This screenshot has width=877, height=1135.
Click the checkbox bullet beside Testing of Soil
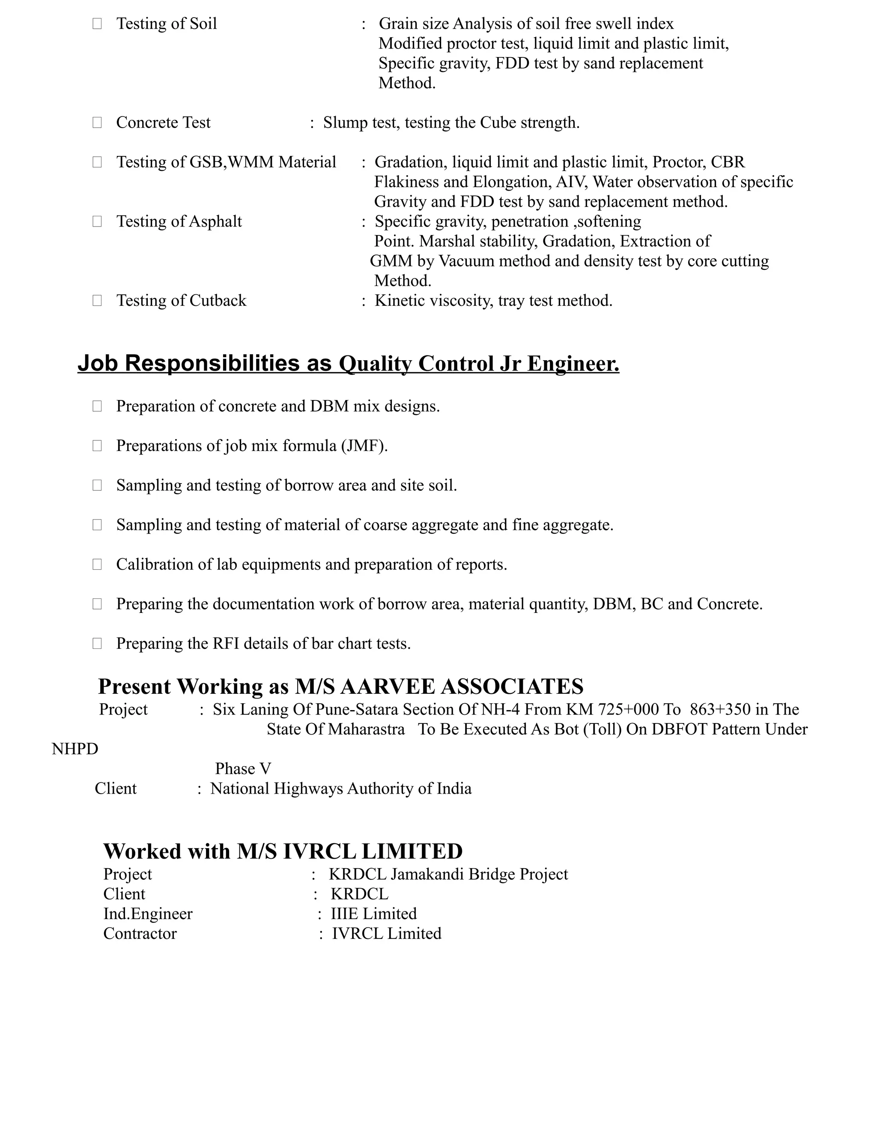(97, 24)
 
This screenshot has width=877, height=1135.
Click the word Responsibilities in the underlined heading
(212, 363)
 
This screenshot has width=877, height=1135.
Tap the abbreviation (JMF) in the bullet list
(364, 446)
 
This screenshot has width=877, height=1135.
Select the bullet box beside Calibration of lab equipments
(97, 565)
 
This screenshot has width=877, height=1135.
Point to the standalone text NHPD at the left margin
(75, 749)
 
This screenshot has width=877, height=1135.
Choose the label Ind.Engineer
(148, 914)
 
